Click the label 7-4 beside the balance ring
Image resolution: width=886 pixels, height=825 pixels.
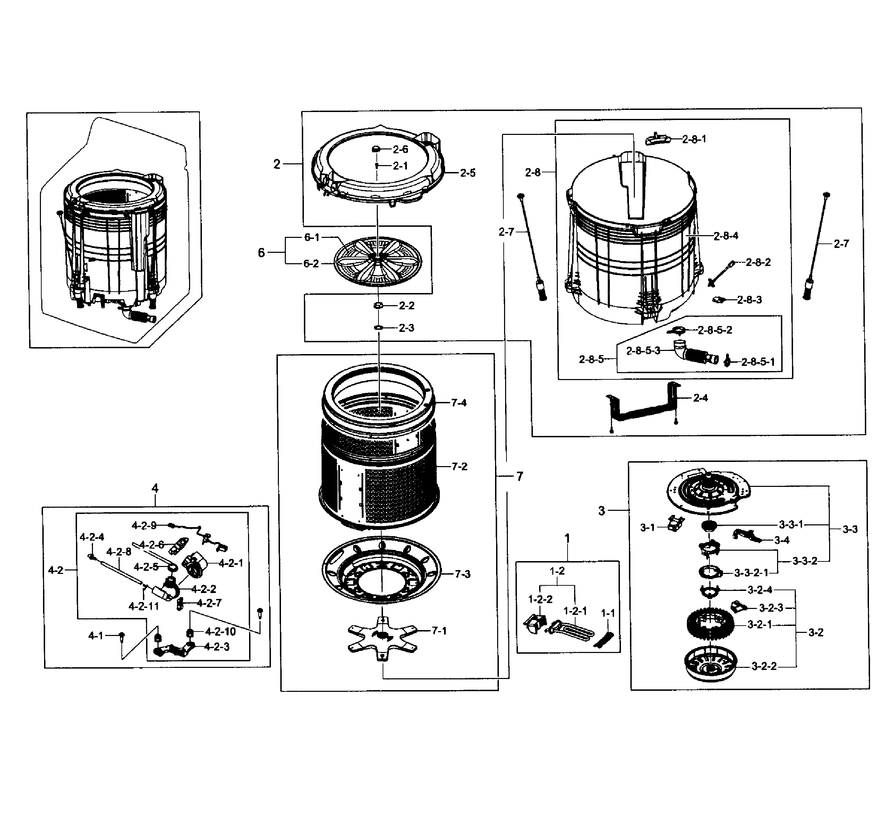(458, 403)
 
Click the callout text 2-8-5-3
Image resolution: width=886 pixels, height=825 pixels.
(643, 351)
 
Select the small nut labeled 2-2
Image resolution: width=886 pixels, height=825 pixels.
(378, 306)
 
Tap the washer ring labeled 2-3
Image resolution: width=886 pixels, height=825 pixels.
(378, 328)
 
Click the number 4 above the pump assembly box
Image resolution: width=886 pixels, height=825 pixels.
(155, 489)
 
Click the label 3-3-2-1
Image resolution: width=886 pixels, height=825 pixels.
(751, 573)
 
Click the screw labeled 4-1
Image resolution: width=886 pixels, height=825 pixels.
(122, 637)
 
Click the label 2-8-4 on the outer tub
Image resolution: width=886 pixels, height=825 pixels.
(726, 236)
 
